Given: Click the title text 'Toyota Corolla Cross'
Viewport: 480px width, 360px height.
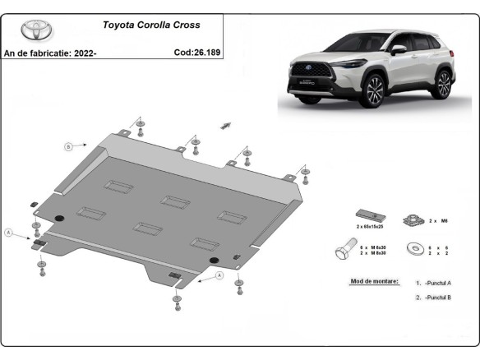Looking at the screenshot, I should pos(150,25).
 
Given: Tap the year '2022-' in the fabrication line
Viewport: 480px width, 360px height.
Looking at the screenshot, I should pos(85,53).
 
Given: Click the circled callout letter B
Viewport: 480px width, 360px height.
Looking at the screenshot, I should pos(69,147).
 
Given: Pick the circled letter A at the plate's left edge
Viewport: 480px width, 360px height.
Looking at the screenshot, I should pos(10,233).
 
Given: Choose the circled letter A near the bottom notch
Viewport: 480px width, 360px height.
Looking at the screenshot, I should pos(220,276).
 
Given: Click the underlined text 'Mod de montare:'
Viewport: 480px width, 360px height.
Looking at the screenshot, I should pos(374,281).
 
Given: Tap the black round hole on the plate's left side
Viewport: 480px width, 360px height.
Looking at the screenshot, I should pos(58,216).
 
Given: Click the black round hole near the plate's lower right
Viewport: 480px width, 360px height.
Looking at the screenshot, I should pos(215,261).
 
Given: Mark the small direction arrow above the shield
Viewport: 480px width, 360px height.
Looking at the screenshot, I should pos(225,125).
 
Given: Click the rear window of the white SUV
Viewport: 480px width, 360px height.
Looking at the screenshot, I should pos(434,44).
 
